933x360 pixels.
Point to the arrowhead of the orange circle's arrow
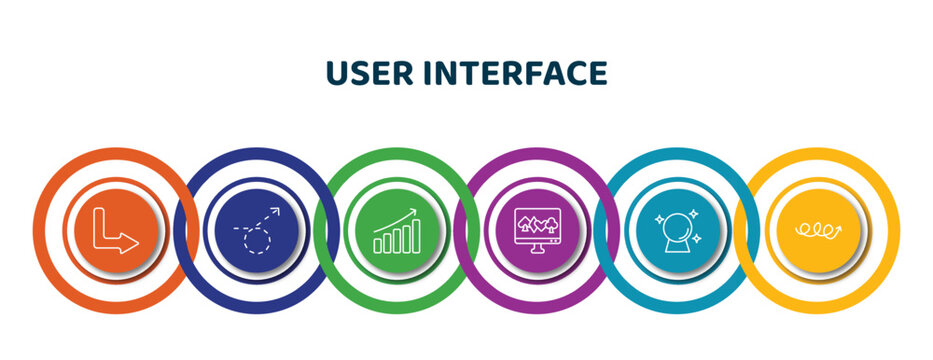click(131, 243)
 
